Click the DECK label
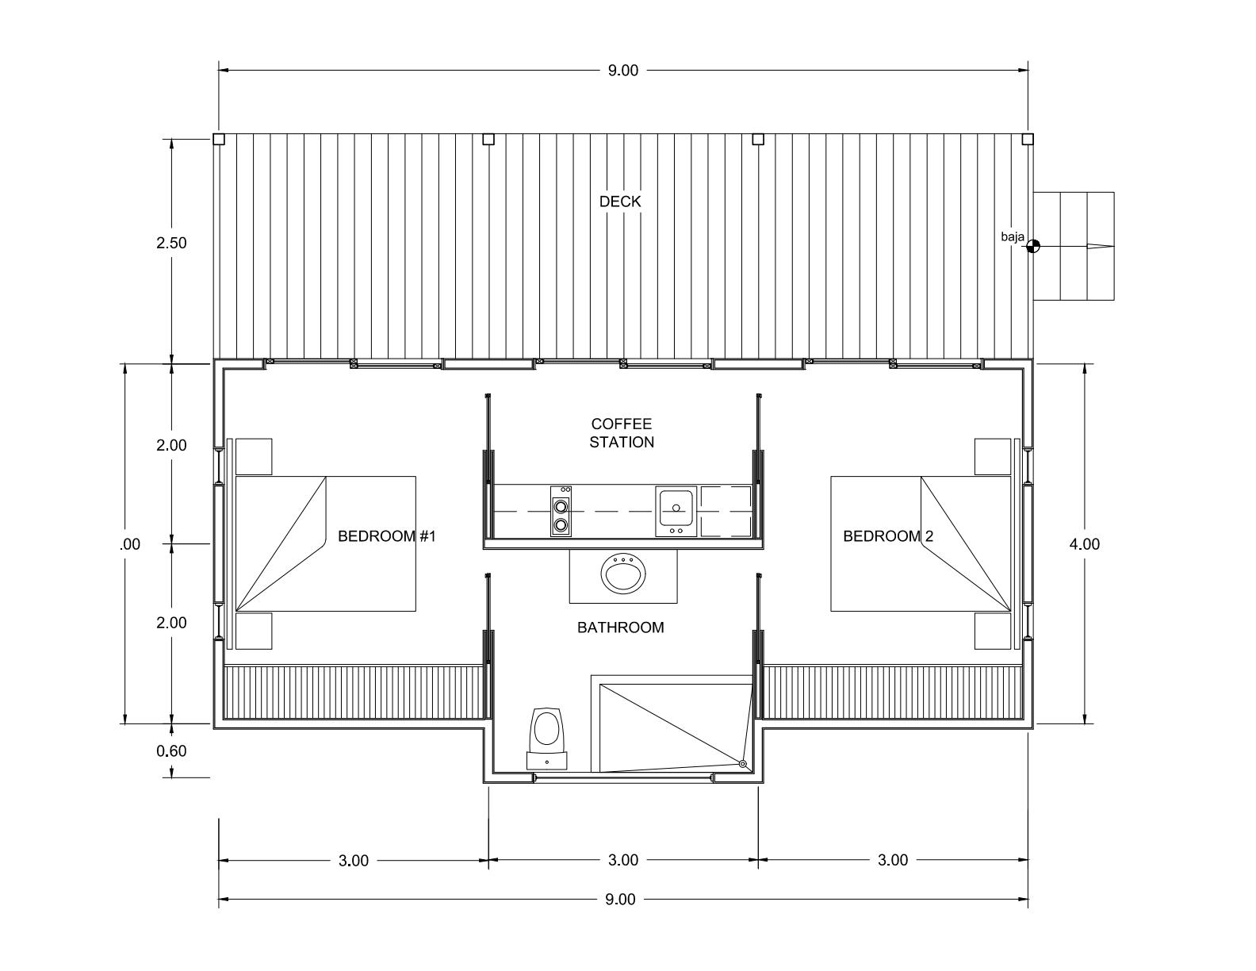point(619,201)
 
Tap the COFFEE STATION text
point(622,432)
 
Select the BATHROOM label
point(620,628)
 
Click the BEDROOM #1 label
point(386,536)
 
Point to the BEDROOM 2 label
point(888,536)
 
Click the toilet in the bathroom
point(547,738)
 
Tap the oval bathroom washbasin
point(623,572)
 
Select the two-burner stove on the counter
point(560,511)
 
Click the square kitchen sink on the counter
point(676,511)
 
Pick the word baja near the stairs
point(1013,236)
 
